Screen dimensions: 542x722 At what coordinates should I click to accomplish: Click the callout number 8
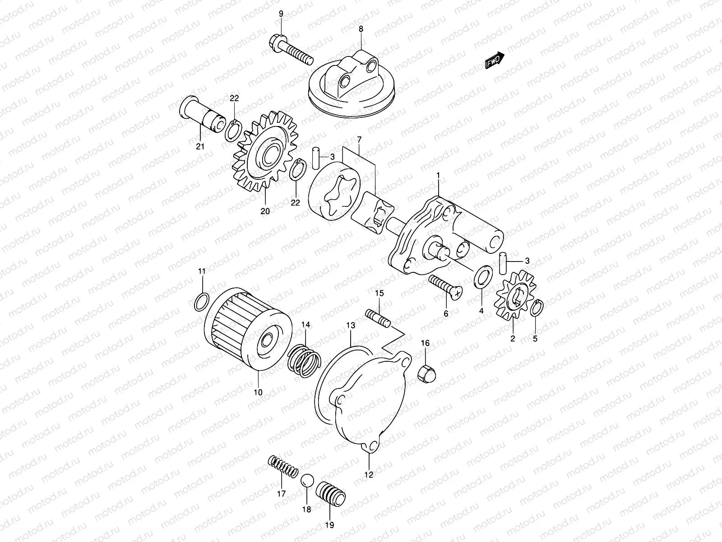361,28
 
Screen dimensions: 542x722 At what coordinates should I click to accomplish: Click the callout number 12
369,475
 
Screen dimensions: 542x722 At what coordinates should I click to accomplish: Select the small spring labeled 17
282,466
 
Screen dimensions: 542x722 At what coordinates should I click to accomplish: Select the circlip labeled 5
537,308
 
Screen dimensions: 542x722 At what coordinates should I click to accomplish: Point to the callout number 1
437,175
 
